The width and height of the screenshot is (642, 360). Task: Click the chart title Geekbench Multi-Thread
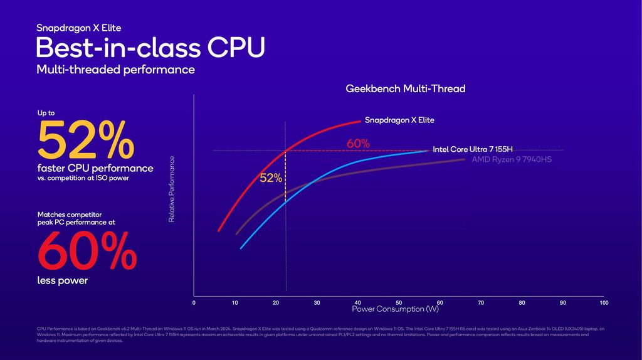point(406,89)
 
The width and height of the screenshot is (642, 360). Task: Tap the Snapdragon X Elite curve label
point(399,120)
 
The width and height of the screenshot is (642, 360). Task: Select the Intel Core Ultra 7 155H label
point(472,149)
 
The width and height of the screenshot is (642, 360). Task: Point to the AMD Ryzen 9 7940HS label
point(511,160)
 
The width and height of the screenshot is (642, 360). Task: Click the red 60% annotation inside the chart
point(357,144)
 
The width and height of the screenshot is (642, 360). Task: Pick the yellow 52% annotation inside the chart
point(270,178)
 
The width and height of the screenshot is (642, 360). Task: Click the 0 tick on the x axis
point(194,303)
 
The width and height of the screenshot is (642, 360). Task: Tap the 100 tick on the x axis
point(604,303)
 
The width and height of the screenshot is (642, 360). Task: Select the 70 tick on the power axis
point(481,303)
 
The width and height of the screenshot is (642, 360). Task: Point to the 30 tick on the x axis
point(317,303)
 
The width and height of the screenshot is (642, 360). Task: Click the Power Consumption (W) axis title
point(395,309)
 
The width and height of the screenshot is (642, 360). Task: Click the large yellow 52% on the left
point(86,141)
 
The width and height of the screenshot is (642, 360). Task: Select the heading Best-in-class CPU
point(150,48)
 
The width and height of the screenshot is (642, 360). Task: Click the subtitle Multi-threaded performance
point(115,70)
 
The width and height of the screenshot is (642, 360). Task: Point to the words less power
point(63,280)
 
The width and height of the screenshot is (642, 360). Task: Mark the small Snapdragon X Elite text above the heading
point(79,28)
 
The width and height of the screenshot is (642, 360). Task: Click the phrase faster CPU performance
point(95,168)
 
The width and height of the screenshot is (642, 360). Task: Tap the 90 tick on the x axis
point(562,303)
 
